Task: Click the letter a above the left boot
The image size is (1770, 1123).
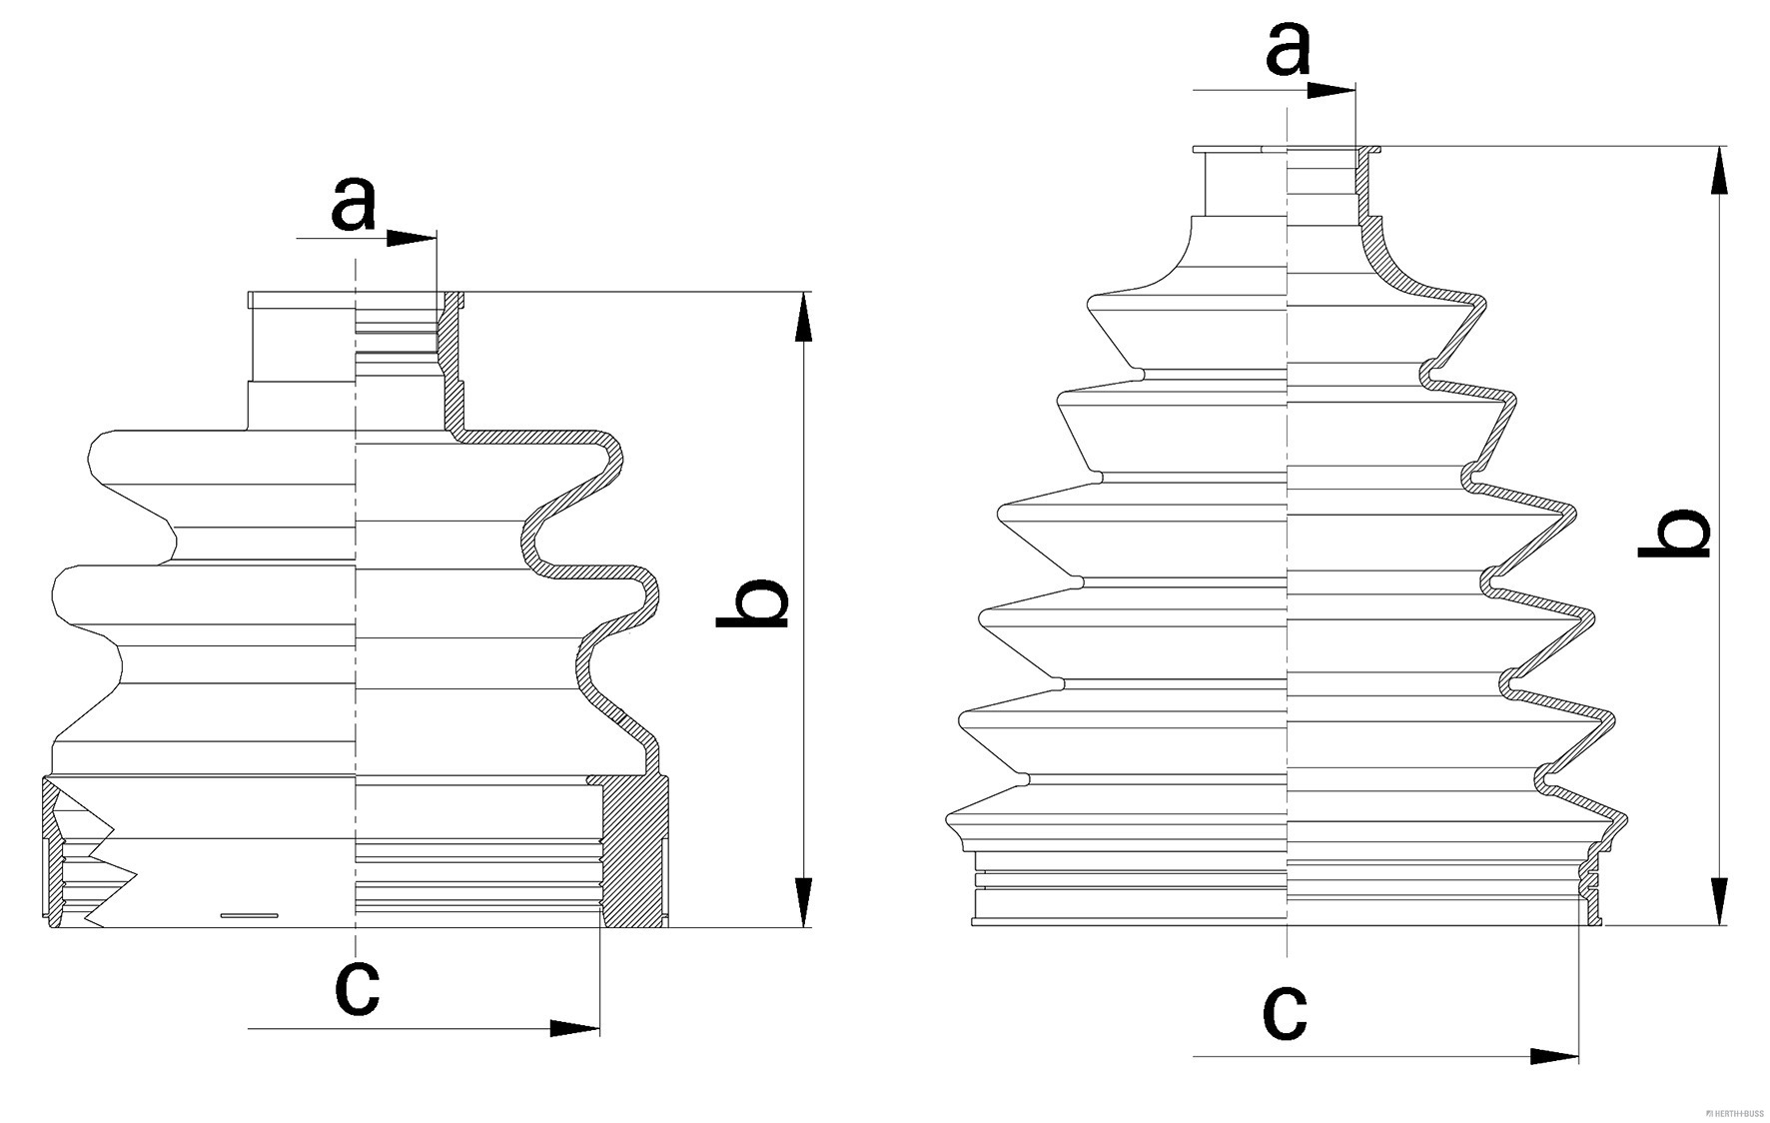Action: click(354, 204)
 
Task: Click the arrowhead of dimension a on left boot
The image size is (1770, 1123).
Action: click(412, 238)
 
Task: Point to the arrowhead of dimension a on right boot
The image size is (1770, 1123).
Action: click(1331, 90)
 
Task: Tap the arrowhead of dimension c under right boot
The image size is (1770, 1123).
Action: click(1554, 1056)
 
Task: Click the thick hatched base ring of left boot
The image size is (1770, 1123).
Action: click(635, 849)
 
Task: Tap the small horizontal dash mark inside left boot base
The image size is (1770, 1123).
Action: click(249, 915)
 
